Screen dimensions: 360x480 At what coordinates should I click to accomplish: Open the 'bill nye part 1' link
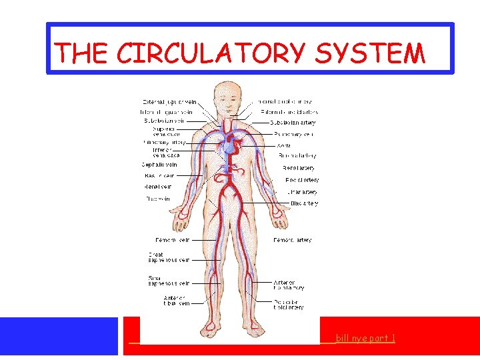point(365,339)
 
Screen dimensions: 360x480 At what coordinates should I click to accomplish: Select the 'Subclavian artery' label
point(293,123)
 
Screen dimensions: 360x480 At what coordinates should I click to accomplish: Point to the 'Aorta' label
point(283,145)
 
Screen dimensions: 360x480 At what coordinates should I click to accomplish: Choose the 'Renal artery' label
point(298,168)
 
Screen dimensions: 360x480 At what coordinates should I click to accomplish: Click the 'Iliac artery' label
point(304,203)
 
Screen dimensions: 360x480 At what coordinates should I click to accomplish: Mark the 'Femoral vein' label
point(172,240)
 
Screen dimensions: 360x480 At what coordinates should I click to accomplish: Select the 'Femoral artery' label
point(292,240)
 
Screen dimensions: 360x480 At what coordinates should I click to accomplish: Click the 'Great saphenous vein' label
point(169,257)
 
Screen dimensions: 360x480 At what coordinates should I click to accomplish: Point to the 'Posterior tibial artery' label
point(288,305)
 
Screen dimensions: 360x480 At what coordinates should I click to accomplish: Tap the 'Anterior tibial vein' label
point(175,300)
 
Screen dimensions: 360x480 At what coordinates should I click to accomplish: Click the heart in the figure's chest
point(230,144)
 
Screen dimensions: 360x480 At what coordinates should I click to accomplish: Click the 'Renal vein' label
point(157,187)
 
